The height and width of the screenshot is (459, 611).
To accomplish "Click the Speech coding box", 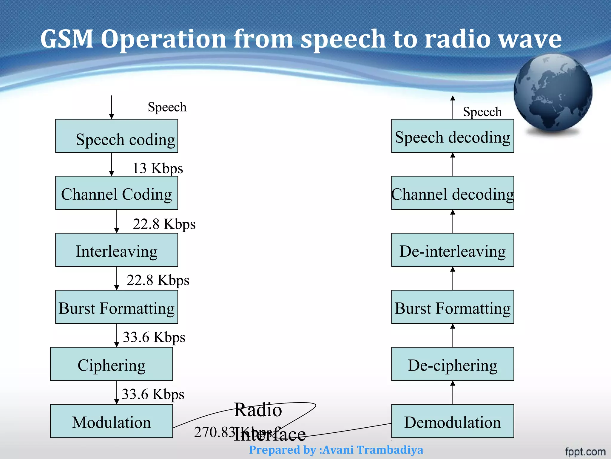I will (116, 136).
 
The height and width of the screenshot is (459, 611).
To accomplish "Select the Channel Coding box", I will (116, 193).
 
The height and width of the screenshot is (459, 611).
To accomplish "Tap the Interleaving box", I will (116, 250).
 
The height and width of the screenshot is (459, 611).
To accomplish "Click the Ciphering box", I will (111, 364).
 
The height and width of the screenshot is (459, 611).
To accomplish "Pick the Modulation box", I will (111, 421).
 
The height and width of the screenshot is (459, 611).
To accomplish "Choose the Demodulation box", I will (453, 421).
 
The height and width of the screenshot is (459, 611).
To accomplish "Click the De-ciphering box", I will (453, 364).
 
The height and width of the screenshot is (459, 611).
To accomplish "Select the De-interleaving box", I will (453, 250).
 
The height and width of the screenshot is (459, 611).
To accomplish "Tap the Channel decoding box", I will (453, 193).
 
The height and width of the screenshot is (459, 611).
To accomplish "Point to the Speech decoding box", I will (453, 136).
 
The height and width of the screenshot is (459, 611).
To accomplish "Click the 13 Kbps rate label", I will (158, 168).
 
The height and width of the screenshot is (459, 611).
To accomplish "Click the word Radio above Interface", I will (258, 410).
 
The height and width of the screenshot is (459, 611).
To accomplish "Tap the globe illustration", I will (553, 93).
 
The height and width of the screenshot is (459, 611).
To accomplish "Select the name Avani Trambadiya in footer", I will (373, 450).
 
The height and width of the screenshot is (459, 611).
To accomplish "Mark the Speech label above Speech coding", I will (167, 107).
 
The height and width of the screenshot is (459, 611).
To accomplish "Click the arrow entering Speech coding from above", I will (112, 108).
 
